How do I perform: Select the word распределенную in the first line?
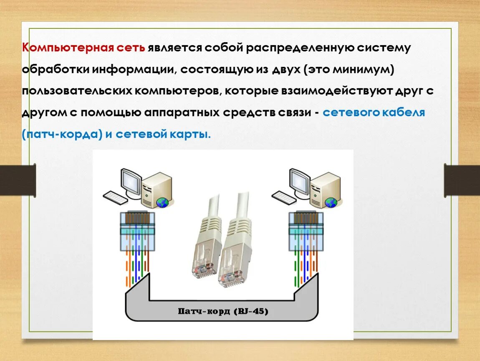click(300, 48)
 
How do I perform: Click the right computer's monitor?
click(299, 182)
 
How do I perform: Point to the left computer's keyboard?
click(116, 197)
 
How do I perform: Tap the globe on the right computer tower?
click(331, 203)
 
